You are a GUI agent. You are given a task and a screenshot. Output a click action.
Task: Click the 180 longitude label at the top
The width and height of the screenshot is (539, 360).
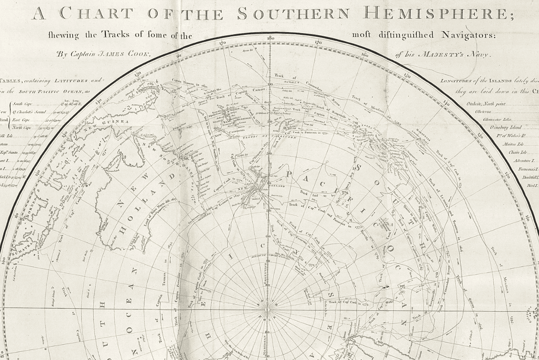pyautogui.click(x=270, y=38)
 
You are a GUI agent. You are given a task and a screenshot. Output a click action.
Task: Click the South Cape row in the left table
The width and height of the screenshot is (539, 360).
pyautogui.click(x=24, y=104)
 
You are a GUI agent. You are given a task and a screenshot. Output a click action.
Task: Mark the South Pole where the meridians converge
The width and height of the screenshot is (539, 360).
pyautogui.click(x=268, y=308)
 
